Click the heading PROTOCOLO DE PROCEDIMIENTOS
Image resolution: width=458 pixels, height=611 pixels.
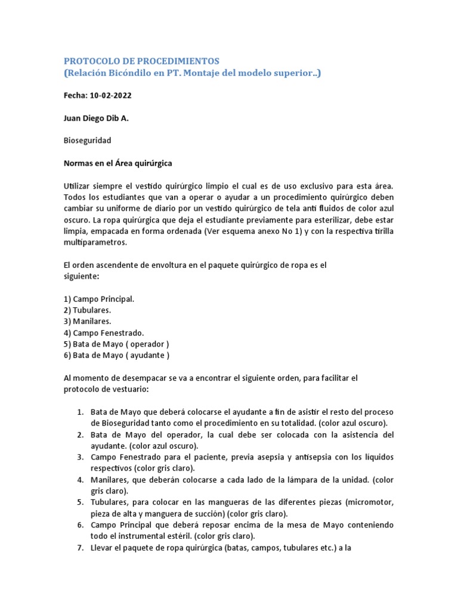tap(142, 61)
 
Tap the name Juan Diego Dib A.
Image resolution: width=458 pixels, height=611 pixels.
tap(96, 118)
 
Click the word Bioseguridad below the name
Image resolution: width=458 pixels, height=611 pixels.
tap(87, 141)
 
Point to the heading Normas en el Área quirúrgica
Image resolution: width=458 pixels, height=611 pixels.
tap(118, 163)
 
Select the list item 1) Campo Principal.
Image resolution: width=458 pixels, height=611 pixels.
tap(99, 298)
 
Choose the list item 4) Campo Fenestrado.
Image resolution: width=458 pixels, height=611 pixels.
tap(104, 332)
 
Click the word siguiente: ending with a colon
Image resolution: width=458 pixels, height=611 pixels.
tap(82, 276)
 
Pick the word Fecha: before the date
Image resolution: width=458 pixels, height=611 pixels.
tap(75, 95)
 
